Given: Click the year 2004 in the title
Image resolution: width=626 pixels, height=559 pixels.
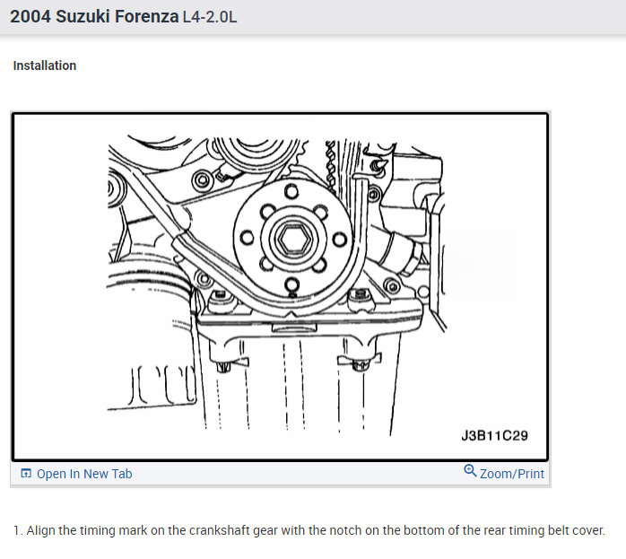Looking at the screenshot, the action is (30, 17).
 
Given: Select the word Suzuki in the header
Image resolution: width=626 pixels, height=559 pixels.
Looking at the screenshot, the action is (83, 17).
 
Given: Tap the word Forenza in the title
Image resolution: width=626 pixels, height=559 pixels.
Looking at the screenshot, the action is (146, 17).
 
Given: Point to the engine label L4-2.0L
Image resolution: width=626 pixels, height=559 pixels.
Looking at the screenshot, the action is (210, 17).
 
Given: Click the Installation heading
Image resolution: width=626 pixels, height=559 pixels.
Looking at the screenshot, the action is (45, 66).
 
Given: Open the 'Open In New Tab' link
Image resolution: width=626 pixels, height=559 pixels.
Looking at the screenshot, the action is (84, 474).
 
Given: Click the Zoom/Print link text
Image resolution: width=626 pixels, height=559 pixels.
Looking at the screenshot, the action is (512, 474).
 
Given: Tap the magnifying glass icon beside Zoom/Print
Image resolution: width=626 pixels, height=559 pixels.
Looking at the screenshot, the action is (470, 471).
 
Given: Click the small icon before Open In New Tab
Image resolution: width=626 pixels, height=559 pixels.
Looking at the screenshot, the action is (26, 473).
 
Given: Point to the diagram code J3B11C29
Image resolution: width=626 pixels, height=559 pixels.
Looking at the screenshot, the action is (495, 435).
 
